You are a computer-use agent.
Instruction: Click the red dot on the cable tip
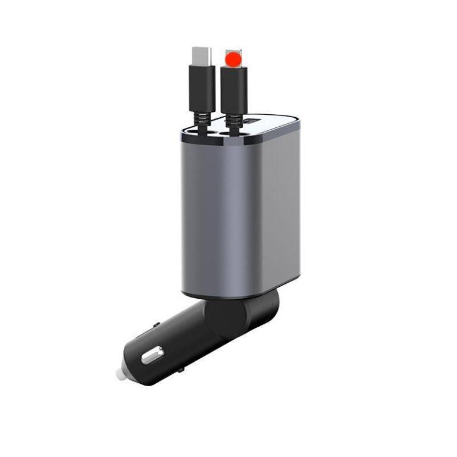click(x=233, y=58)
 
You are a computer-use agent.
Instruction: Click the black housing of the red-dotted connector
click(x=233, y=89)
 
